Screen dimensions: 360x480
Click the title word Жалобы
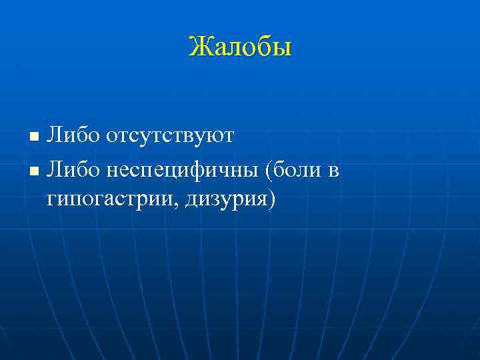click(x=240, y=47)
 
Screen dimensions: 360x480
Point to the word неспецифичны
click(x=182, y=173)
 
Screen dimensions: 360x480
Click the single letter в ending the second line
click(x=334, y=173)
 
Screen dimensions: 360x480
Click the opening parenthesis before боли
click(x=269, y=173)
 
